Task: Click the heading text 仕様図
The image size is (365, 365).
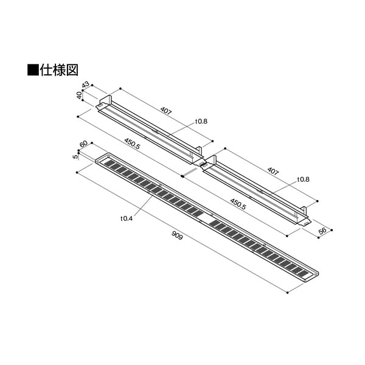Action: [x=59, y=69]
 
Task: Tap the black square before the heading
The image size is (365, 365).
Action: [x=33, y=70]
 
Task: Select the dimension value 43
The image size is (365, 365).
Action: [x=86, y=85]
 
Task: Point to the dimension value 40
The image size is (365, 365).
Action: [x=79, y=96]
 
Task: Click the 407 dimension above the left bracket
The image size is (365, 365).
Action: [x=165, y=111]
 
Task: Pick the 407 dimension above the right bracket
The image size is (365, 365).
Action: [x=273, y=172]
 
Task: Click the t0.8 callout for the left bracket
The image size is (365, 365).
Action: [x=201, y=121]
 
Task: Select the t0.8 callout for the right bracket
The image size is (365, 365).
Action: [x=304, y=179]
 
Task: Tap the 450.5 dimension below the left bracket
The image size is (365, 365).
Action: [x=132, y=144]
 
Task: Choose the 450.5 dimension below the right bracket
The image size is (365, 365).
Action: [x=238, y=204]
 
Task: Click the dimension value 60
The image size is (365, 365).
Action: [x=83, y=144]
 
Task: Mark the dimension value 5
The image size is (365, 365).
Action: [x=75, y=157]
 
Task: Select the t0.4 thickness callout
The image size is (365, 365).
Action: [x=127, y=218]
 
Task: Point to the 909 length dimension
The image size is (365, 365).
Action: [x=177, y=235]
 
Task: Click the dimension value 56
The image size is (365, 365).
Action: [x=322, y=231]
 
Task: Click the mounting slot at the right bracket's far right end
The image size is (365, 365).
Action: [x=307, y=223]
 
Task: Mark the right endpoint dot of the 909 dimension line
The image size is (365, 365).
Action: [x=288, y=293]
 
